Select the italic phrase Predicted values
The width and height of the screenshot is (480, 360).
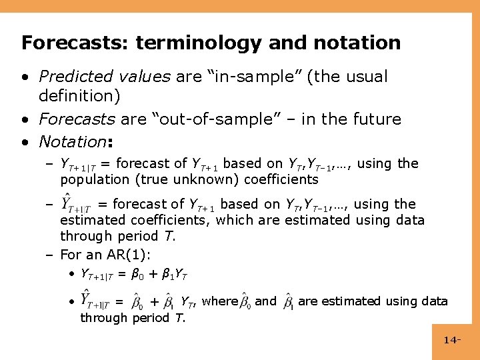[x=105, y=77]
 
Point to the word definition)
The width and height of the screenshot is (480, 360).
[x=80, y=96]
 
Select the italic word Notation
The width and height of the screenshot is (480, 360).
[x=72, y=141]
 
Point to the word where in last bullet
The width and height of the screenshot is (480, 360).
[x=219, y=301]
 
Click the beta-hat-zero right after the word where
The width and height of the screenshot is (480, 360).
[x=244, y=301]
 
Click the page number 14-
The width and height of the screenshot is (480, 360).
[x=453, y=341]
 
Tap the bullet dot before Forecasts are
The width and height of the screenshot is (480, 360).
[x=24, y=120]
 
